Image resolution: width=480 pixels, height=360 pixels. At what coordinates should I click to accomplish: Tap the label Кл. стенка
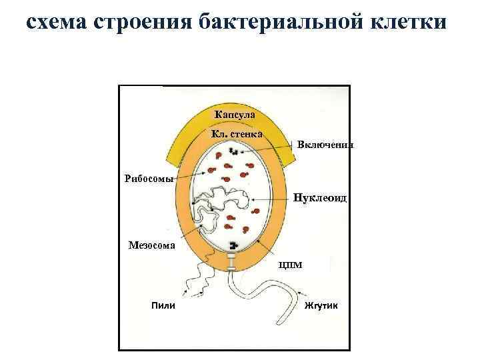click(x=236, y=134)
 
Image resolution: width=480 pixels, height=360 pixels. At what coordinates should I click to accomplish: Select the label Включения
click(x=325, y=145)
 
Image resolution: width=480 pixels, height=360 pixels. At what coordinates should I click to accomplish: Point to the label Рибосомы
click(x=149, y=178)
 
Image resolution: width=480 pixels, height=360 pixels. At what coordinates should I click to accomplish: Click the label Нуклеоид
click(x=321, y=198)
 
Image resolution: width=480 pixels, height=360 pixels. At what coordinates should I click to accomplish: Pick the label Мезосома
click(x=152, y=245)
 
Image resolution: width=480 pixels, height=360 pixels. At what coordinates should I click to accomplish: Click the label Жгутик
click(x=321, y=305)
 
